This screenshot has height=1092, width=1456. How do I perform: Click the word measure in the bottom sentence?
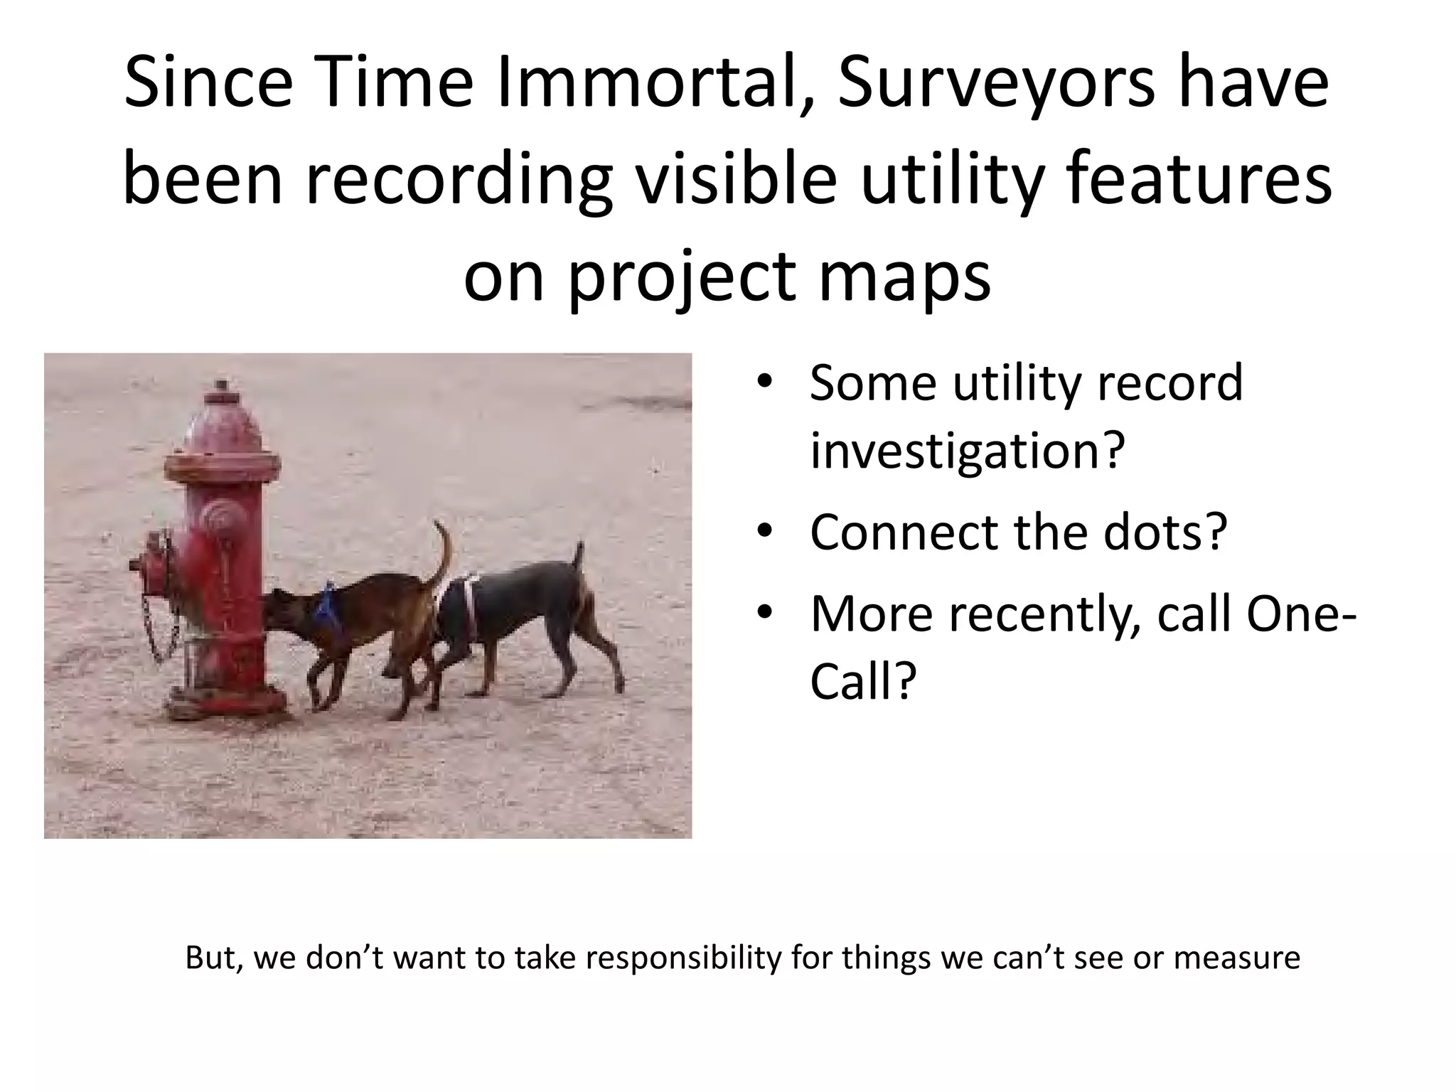point(1236,958)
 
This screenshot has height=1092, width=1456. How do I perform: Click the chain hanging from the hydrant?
point(160,626)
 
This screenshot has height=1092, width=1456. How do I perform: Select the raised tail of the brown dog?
point(444,555)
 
